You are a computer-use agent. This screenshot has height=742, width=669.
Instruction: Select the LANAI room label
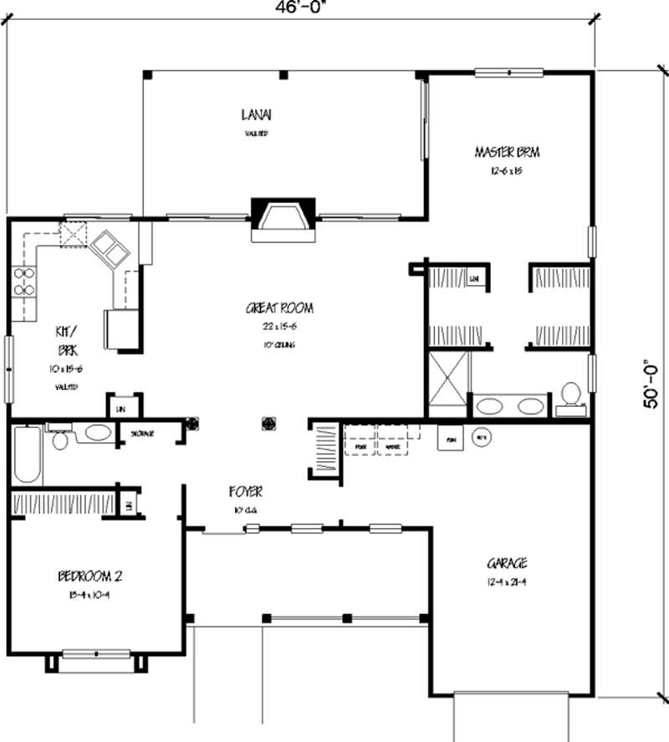click(x=257, y=114)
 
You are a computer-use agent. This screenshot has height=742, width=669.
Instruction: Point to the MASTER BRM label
click(x=507, y=152)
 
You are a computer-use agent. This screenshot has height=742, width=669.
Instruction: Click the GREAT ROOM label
click(x=279, y=308)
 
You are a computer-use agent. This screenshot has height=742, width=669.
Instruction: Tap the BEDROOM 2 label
click(x=91, y=576)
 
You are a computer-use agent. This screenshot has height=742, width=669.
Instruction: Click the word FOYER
click(x=247, y=492)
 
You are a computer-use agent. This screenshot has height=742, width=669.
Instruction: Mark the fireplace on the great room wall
click(x=283, y=219)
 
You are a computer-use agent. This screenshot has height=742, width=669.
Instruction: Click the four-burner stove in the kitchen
click(x=23, y=282)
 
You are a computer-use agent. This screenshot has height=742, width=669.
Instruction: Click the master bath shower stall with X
click(x=447, y=378)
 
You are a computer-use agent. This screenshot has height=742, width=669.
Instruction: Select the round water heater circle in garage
click(x=481, y=436)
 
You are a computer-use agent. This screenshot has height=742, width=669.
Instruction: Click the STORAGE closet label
click(x=141, y=434)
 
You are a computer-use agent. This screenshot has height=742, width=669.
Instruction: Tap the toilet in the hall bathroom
click(x=60, y=438)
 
